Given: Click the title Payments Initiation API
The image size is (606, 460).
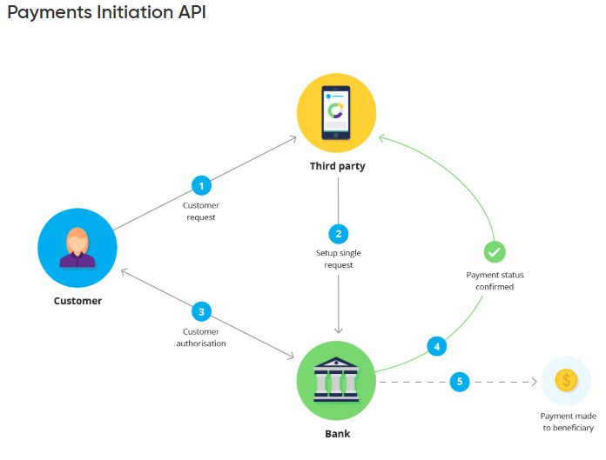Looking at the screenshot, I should coord(107,14).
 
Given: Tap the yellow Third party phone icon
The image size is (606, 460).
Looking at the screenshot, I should coord(337,113).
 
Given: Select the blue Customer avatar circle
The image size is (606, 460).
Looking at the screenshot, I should coord(77,247).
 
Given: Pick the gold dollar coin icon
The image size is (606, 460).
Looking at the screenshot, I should coord(566,380).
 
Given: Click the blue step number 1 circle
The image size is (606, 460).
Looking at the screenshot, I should coord(201,185).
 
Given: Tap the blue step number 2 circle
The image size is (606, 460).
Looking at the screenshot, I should coord(338,233).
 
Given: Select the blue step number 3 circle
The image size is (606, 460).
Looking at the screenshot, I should coord(201,311).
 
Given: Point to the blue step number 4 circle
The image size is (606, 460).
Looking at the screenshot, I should coord(437,345).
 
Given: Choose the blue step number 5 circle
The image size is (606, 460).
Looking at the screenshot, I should coord(460,381).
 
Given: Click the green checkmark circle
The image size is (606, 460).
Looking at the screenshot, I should coord(495,252).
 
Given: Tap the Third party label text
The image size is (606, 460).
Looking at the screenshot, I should coord(337,165).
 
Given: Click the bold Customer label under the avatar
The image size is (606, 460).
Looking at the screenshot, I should coord(77,301).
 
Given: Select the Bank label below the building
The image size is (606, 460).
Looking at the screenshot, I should coord(336,432).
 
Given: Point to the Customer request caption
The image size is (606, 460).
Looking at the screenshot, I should coord(200,211).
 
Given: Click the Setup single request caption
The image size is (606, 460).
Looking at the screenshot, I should coord(338,258).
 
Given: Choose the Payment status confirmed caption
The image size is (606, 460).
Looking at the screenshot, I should coord(495,280).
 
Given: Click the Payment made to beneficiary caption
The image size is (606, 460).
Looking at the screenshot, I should coord(567,422).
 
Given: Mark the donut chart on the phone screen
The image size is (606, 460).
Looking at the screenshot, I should coord(335,111).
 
